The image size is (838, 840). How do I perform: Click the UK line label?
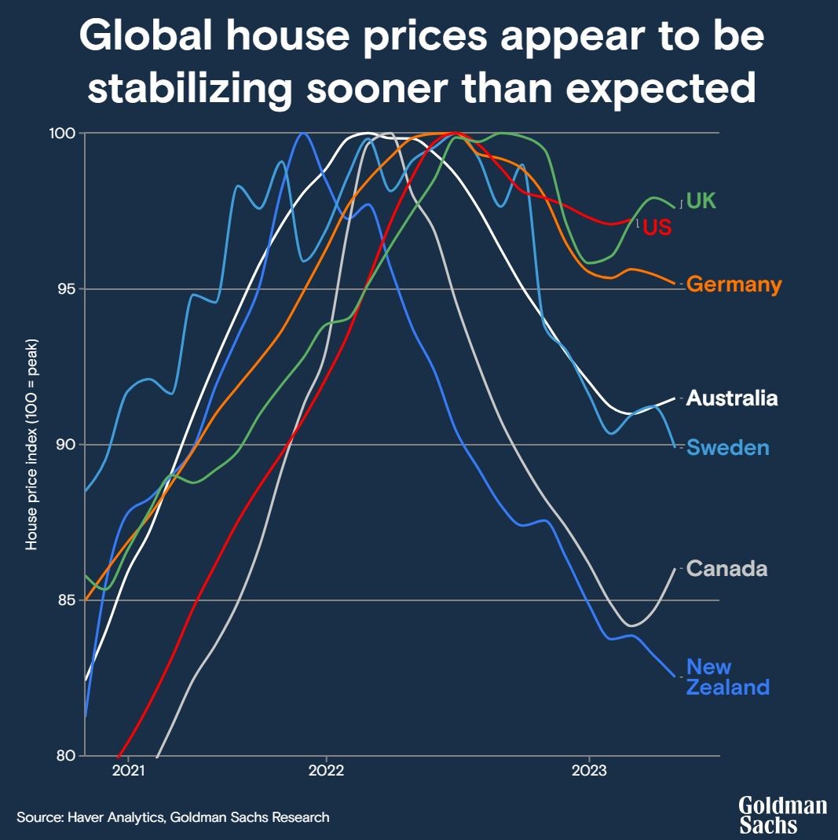tap(701, 201)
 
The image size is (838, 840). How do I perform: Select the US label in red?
tap(657, 229)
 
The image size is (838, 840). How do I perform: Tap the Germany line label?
tap(734, 284)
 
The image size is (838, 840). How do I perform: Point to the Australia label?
tap(732, 398)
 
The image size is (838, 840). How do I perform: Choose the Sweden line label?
tap(727, 448)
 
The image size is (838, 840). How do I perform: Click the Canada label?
tap(726, 569)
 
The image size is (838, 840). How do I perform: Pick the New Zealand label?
tap(727, 677)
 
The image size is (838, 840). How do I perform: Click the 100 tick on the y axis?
tap(63, 134)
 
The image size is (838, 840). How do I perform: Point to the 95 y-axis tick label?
tap(64, 289)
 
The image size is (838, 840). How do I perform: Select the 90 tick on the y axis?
tap(64, 445)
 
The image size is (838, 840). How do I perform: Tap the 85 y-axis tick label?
tap(64, 600)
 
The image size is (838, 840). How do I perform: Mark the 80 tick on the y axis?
tap(64, 756)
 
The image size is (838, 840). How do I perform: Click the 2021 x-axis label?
tap(128, 771)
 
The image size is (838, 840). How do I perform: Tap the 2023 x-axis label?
tap(589, 771)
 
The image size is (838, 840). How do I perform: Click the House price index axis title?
tap(31, 445)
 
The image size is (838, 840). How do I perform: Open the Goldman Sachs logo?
tap(782, 815)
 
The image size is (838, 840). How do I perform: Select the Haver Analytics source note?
tap(173, 817)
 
